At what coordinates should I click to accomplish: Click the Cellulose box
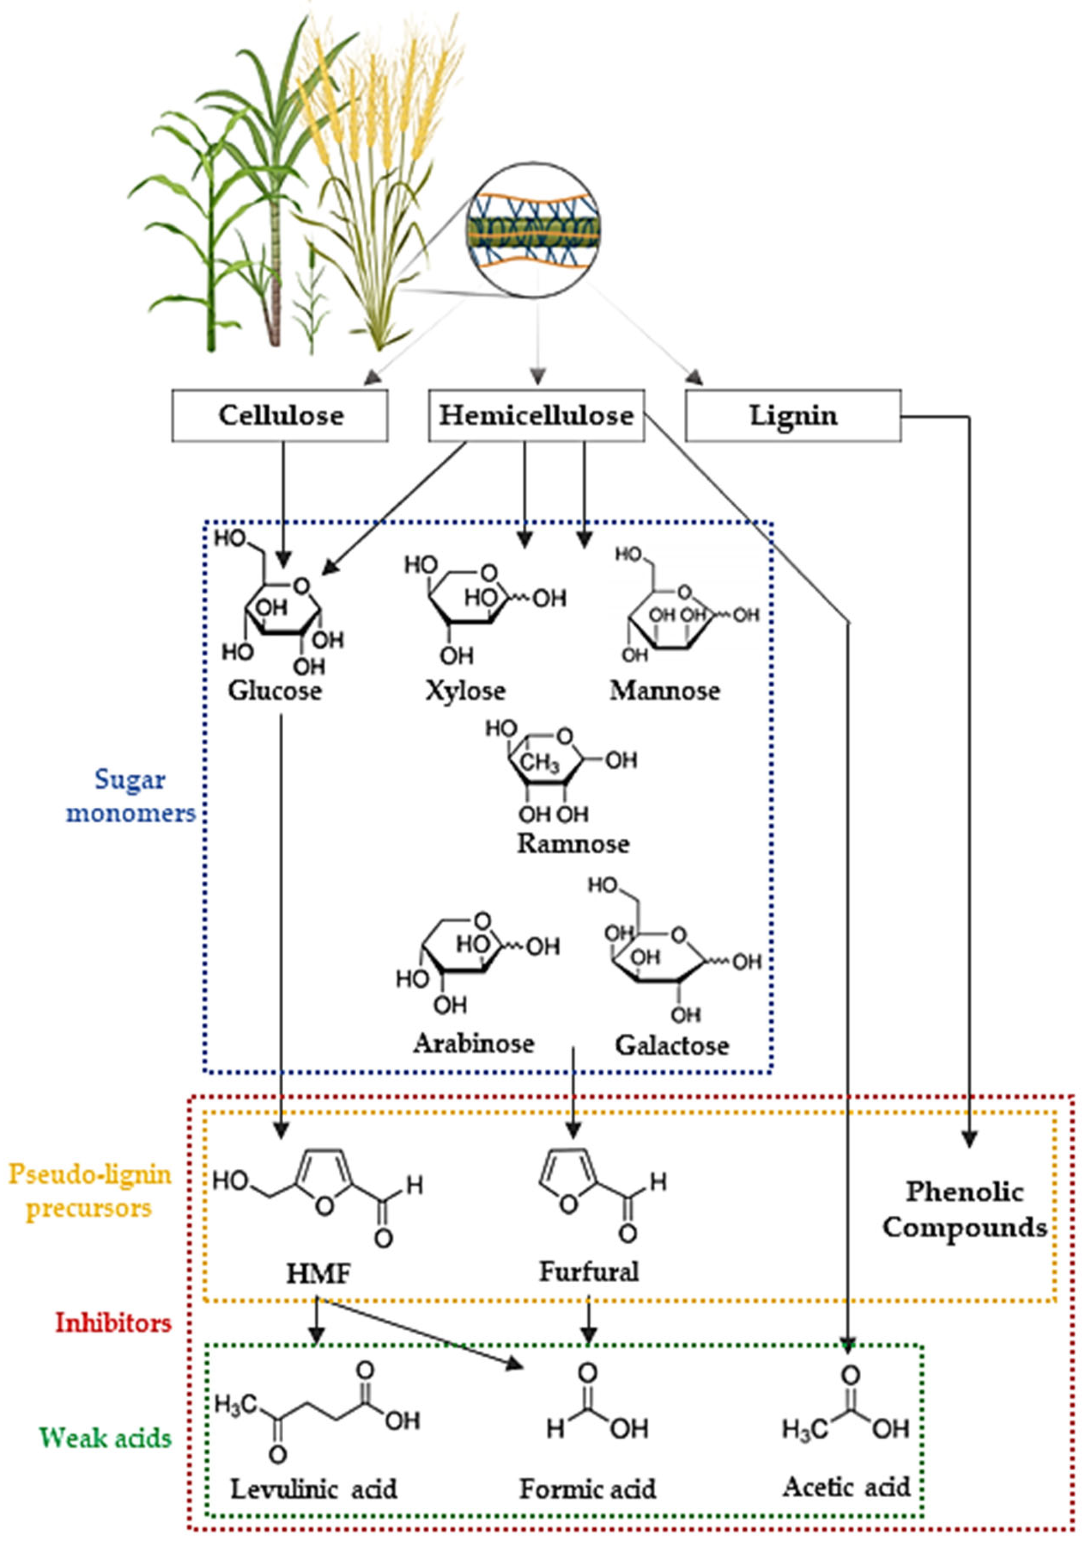pos(280,416)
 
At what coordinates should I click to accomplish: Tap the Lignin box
pos(793,416)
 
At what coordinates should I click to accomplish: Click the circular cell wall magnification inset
pos(533,230)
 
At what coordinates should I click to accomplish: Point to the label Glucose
pos(275,690)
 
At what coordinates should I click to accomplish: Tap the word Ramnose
pos(572,844)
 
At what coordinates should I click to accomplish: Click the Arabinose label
pos(473,1044)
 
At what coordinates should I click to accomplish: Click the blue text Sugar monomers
pos(130,796)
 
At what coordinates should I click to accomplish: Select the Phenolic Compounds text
pos(964,1209)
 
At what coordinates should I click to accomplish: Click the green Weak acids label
pos(105,1438)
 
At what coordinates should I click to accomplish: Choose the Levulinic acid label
pos(313,1489)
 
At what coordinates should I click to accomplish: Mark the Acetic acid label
pos(846,1487)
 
